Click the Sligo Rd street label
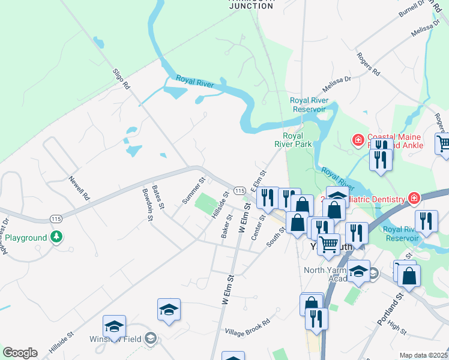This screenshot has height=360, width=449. (121, 79)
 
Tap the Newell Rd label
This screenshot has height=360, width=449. (79, 188)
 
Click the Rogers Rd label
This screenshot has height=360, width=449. (369, 64)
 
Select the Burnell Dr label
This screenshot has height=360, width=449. (412, 11)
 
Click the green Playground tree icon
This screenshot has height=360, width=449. (57, 238)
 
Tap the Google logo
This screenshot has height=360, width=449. (20, 353)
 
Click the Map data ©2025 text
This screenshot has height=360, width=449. (423, 355)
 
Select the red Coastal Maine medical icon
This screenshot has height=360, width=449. (358, 140)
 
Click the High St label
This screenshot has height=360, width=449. (397, 328)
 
